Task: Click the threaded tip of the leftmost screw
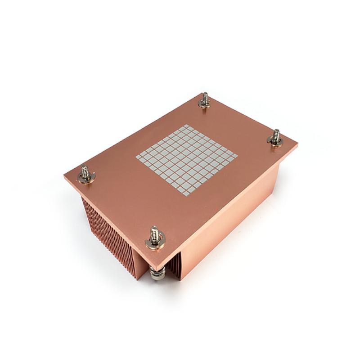coord(84,170)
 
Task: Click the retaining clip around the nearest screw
coord(155,243)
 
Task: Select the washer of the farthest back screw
coord(205,104)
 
